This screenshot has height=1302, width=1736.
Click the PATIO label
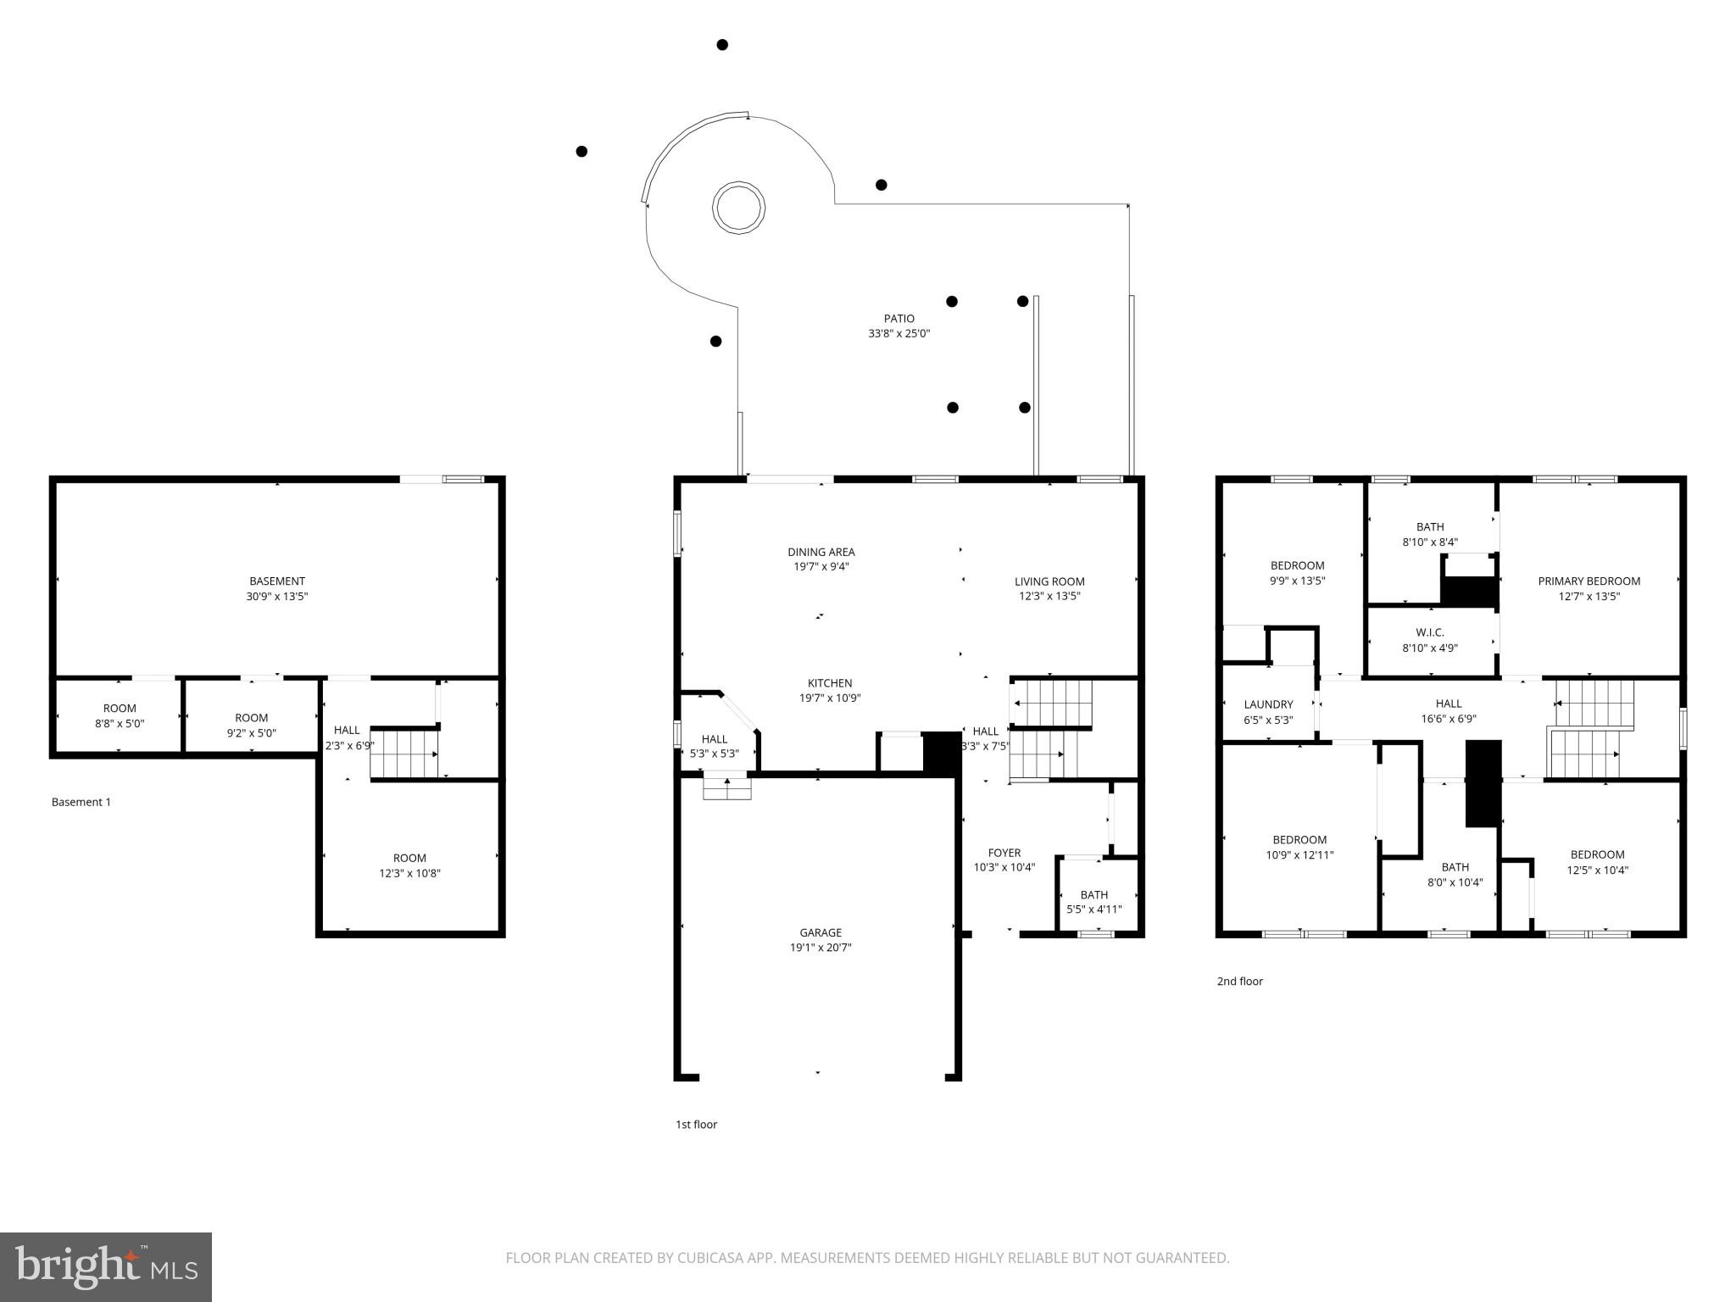point(899,320)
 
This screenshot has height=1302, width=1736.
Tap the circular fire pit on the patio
point(739,207)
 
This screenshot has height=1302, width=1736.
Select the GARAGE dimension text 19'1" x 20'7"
point(821,948)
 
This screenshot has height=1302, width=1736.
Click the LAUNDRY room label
point(1268,704)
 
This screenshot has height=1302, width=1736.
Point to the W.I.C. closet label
point(1430,632)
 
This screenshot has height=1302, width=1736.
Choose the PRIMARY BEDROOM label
point(1589,581)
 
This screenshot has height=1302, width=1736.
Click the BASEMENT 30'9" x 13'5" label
point(276,588)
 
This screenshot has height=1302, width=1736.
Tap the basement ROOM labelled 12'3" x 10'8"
point(409,865)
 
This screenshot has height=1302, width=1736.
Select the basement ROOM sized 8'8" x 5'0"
point(120,716)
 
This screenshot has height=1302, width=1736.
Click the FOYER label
point(1004,853)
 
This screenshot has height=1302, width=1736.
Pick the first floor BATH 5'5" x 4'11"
point(1094,902)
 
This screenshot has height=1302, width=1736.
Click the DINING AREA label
point(821,553)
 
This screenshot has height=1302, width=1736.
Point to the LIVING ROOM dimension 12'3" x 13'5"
point(1049,596)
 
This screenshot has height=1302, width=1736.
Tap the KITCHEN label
point(830,683)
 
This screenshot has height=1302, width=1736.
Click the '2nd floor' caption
point(1240,982)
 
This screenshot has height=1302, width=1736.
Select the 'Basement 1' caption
point(81,802)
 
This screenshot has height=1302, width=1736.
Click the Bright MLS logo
point(105,1266)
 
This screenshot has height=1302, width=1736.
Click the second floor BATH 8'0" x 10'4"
point(1455,875)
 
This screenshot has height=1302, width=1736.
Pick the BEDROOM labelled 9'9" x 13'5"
point(1297,573)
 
